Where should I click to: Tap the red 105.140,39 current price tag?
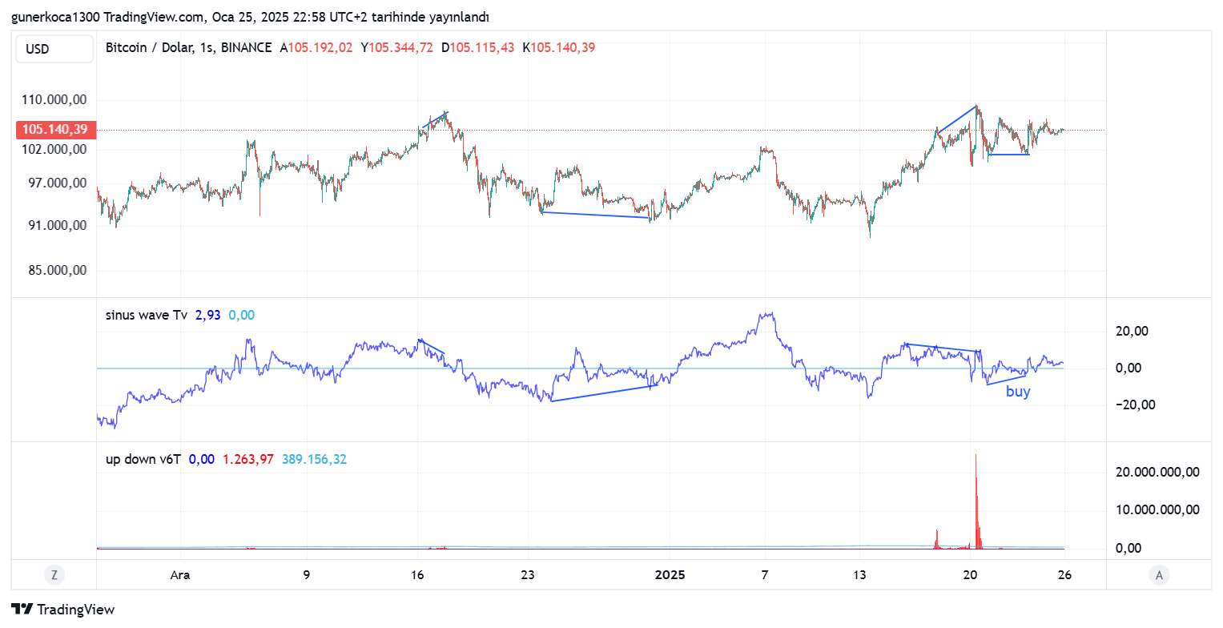click(54, 129)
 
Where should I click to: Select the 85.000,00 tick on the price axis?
click(56, 270)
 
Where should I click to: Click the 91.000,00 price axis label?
click(56, 226)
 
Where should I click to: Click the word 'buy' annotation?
click(1018, 392)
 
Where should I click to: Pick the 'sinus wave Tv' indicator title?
click(147, 316)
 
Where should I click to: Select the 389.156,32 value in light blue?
click(314, 459)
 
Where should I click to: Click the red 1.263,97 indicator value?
click(248, 459)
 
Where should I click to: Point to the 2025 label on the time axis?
click(670, 574)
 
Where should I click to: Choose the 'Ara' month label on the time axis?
click(180, 574)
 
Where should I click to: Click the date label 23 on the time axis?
click(527, 574)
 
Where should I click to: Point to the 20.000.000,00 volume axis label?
click(1157, 472)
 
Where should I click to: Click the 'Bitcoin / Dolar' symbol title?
click(150, 48)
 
